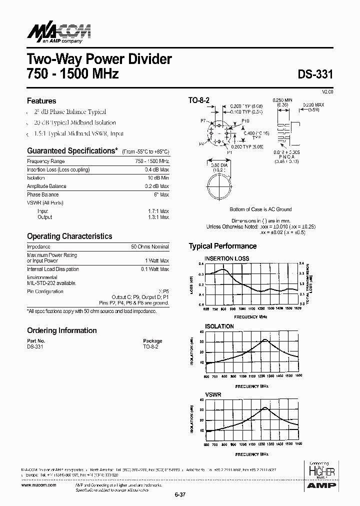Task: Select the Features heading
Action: [x=41, y=100]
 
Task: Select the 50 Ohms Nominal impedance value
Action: [x=150, y=247]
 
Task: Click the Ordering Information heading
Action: [x=61, y=330]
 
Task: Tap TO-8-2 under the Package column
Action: [x=150, y=346]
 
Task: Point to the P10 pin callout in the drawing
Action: [x=245, y=121]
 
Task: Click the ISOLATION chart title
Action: [x=219, y=326]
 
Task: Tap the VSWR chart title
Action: [x=213, y=394]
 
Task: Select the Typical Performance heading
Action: [x=222, y=246]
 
